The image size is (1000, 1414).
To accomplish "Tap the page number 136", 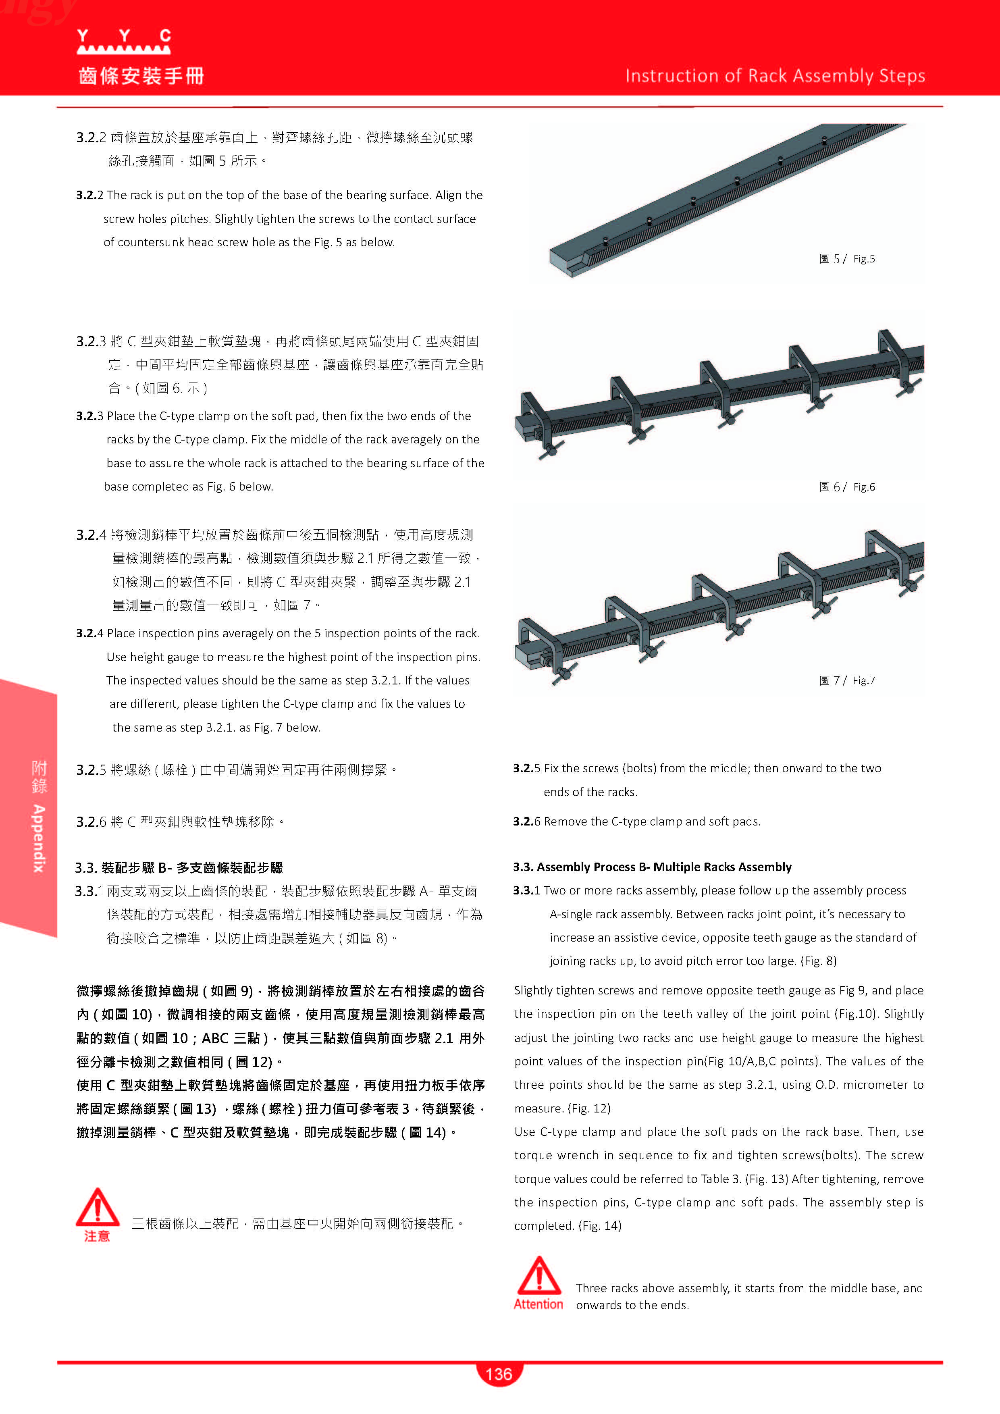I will click(x=499, y=1374).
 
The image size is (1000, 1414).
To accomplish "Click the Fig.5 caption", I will click(x=847, y=259).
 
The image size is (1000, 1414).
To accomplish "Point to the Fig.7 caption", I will click(x=847, y=680).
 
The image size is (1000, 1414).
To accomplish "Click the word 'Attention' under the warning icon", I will click(x=538, y=1304).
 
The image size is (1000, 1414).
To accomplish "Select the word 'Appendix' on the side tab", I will click(x=39, y=838).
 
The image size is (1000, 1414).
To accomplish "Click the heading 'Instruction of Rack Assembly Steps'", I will click(x=775, y=76).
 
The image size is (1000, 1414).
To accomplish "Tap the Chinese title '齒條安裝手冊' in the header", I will click(x=141, y=76).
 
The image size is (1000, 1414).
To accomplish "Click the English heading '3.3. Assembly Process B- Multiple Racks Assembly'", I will click(x=652, y=867).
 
